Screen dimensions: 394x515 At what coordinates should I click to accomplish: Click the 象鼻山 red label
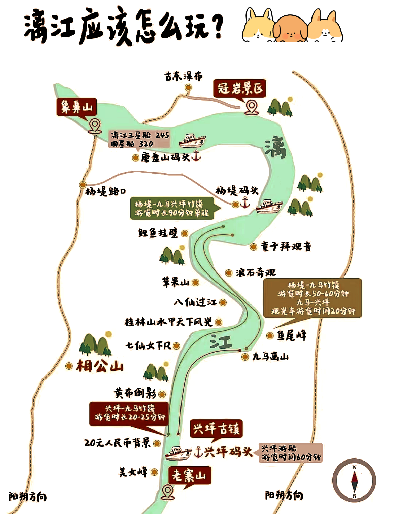pos(76,107)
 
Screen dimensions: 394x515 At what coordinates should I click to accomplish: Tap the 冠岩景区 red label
pos(240,89)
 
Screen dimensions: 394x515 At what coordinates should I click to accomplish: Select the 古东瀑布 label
pos(183,77)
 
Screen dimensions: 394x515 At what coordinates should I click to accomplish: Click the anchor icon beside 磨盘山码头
pos(196,156)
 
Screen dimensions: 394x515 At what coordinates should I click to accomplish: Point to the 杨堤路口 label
pos(106,191)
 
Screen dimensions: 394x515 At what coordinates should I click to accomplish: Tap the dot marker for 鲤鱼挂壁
pos(185,233)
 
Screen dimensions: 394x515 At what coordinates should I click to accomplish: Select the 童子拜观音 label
pos(286,247)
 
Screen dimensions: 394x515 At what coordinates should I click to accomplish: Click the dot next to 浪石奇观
pos(229,273)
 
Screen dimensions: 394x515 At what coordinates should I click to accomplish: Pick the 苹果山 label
pos(175,282)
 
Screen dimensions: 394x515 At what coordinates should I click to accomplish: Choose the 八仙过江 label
pos(195,302)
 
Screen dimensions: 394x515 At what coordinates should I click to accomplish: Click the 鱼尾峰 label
pos(292,335)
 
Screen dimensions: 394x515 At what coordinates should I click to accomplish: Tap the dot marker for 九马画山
pos(245,357)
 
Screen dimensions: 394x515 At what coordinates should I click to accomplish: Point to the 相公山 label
pos(100,366)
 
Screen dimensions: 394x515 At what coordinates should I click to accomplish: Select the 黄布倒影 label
pos(135,393)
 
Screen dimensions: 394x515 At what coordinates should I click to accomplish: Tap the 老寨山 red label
pos(189,475)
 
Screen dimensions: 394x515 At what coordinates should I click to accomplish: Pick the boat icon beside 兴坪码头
pos(178,453)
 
